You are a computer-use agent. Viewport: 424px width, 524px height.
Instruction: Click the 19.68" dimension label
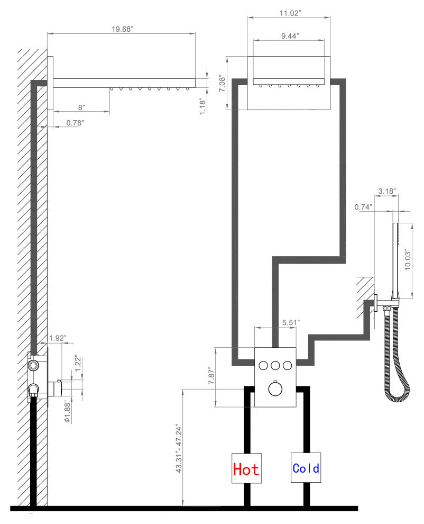point(122,29)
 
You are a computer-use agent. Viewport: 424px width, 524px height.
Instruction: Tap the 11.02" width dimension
point(290,13)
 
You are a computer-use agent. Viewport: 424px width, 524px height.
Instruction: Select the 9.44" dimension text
point(290,36)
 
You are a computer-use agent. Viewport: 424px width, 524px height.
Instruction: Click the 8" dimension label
point(81,107)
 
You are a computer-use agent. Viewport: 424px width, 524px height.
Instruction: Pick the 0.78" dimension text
point(75,123)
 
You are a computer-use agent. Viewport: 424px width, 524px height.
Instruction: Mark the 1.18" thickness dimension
point(202,106)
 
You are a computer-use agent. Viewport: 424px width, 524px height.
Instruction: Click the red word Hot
point(246,469)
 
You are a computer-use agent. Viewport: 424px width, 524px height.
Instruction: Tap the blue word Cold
point(306,468)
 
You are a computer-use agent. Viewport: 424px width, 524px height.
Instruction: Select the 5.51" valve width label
point(291,322)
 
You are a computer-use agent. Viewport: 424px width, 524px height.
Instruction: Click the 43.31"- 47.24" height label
point(179,448)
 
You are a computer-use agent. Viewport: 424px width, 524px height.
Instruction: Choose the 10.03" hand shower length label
point(408,260)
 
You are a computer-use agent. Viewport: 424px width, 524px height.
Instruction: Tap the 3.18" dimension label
point(387,191)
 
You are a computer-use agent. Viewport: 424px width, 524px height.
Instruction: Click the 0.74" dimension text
point(363,207)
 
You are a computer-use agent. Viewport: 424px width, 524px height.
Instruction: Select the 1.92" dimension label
point(58,338)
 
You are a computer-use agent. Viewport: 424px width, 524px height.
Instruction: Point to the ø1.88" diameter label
point(68,412)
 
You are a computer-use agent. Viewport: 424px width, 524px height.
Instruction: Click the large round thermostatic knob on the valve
point(275,389)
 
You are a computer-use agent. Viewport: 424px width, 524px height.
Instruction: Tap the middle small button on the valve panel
point(275,366)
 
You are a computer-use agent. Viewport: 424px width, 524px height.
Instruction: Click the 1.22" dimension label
point(78,363)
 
